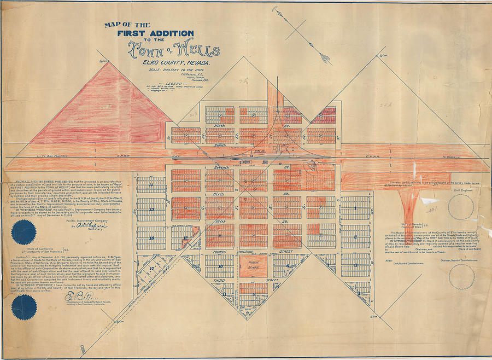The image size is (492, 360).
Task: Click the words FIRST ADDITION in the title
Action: click(x=155, y=33)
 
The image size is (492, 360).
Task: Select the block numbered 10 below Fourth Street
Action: click(x=220, y=266)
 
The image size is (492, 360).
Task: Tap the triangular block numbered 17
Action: click(x=151, y=269)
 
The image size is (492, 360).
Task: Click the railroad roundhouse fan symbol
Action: click(x=314, y=165)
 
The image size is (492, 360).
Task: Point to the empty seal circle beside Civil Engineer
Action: click(x=460, y=208)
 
